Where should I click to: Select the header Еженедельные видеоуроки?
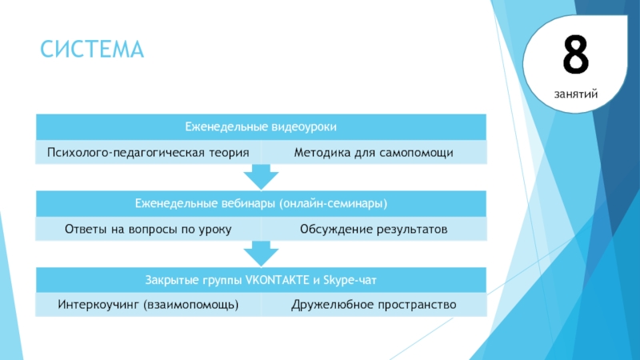point(260,126)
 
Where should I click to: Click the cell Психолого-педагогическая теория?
point(148,152)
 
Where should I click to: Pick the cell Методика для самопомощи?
point(374,152)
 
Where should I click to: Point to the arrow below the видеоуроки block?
point(261,177)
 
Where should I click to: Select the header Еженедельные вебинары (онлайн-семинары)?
point(260,203)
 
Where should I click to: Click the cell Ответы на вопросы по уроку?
point(148,229)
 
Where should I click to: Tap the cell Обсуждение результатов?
point(374,229)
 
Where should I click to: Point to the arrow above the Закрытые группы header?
point(261,254)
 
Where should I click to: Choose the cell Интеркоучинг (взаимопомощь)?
point(148,306)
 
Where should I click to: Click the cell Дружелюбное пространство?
point(374,306)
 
